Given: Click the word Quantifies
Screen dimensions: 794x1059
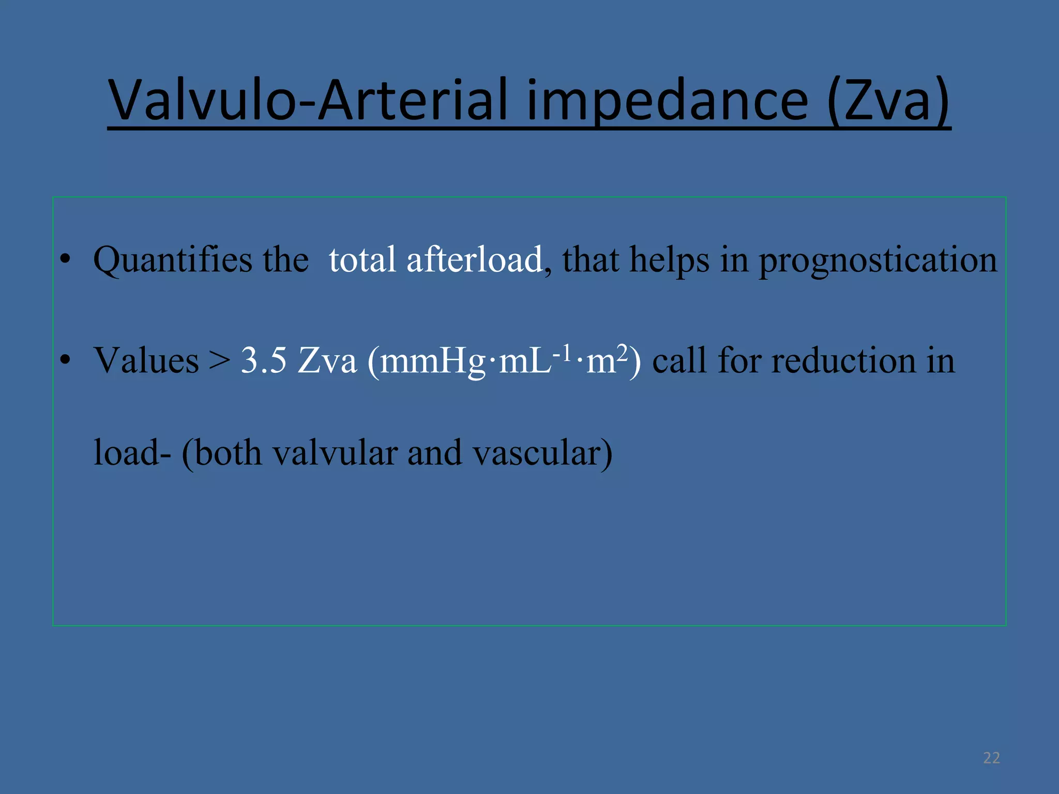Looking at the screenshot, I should pos(173,260).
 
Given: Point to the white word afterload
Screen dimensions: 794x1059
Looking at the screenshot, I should pos(475,259).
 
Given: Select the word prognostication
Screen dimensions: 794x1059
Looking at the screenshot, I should pos(878,260).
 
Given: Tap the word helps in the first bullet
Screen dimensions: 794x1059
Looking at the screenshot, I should pos(670,260).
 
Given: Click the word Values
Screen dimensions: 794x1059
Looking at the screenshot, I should pos(146,360).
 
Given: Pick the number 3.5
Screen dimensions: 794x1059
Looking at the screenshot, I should pos(264,360).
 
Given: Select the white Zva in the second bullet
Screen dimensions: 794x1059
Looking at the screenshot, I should pos(327,360).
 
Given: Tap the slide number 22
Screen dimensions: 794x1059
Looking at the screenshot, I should pos(991,758).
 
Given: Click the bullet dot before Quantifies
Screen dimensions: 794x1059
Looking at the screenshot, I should pos(65,260).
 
